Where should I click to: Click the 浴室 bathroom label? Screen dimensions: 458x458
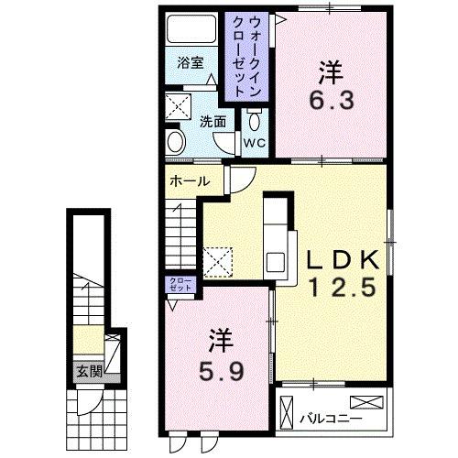(191, 63)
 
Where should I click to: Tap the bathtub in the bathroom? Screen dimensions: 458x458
(191, 29)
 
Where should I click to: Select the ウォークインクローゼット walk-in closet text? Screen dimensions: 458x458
(246, 57)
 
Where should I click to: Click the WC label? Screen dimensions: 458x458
(255, 143)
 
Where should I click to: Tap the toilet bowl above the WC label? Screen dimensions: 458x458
(254, 121)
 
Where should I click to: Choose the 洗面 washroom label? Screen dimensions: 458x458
(213, 122)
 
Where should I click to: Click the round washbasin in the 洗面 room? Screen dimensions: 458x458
(177, 142)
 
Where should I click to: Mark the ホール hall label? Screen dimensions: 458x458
(190, 181)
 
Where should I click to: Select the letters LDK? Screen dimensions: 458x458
(343, 259)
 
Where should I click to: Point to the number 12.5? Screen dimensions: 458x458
(343, 288)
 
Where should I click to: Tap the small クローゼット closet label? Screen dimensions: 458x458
(180, 285)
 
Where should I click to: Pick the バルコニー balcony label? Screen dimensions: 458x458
(331, 419)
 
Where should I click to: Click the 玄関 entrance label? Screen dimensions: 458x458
(89, 371)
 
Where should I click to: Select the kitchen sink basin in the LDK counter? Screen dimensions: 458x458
(277, 262)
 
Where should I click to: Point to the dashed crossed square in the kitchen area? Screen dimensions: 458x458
(218, 262)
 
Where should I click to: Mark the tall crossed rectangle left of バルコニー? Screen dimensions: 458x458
(286, 412)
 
